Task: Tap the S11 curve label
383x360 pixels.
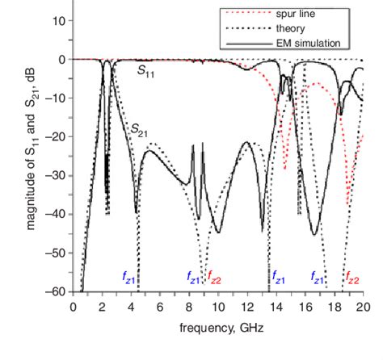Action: (x=146, y=73)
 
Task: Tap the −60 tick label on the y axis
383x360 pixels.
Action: (x=56, y=291)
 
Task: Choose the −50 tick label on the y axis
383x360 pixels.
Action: (x=56, y=253)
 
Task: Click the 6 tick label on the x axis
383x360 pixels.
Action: (x=160, y=307)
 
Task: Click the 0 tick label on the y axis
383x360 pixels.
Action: (x=61, y=60)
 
